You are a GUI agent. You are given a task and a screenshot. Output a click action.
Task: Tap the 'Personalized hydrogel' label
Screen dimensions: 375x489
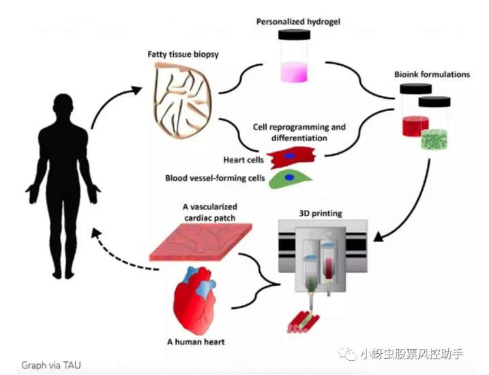298,21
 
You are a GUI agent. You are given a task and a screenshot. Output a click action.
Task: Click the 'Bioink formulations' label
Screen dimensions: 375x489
432,74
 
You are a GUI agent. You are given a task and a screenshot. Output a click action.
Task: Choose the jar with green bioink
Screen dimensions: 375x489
435,125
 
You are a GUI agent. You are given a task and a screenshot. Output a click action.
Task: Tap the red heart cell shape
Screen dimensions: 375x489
290,159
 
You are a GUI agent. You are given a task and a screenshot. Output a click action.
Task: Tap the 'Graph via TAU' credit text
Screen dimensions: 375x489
51,365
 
